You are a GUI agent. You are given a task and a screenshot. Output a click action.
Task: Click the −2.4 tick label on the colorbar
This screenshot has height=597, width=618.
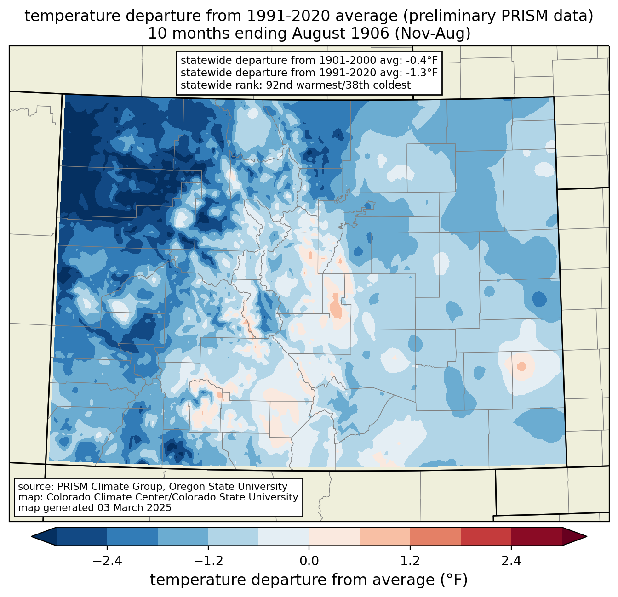click(107, 561)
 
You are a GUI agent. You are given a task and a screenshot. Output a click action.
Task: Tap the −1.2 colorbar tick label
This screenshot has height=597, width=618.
click(208, 561)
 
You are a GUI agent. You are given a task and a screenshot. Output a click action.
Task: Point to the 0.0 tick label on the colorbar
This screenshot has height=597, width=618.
click(309, 561)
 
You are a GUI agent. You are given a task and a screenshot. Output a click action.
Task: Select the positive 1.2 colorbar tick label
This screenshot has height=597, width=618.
click(410, 561)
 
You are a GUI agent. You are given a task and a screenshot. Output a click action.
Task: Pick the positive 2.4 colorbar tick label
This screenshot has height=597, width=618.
click(511, 561)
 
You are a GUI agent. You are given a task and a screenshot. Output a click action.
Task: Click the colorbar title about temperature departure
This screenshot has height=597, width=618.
click(309, 580)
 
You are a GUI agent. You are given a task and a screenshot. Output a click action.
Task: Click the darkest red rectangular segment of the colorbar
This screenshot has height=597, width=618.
click(536, 536)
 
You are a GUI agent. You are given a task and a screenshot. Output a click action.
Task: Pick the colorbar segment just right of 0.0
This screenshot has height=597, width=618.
click(334, 536)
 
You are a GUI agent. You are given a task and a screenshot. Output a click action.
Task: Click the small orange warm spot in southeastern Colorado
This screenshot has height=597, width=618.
click(521, 366)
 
